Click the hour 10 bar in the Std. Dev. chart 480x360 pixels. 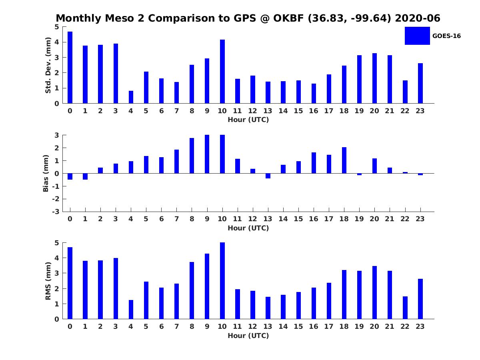(x=222, y=72)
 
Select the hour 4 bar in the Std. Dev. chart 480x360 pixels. (x=131, y=97)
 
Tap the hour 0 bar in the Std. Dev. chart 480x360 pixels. (x=70, y=68)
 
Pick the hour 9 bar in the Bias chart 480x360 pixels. (x=207, y=154)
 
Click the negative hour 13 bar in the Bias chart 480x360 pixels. (x=268, y=176)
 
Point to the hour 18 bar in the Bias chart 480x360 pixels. (x=344, y=160)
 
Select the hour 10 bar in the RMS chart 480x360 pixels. (x=222, y=281)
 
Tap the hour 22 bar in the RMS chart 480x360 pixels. (x=405, y=308)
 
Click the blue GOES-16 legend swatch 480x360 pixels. (x=417, y=36)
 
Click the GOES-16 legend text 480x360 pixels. (x=446, y=36)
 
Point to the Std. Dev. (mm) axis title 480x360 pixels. (x=48, y=65)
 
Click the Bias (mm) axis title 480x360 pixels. (x=46, y=173)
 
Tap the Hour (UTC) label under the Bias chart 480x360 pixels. (x=248, y=228)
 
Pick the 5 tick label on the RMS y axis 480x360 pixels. (x=57, y=243)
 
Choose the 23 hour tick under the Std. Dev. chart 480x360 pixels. (x=420, y=111)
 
